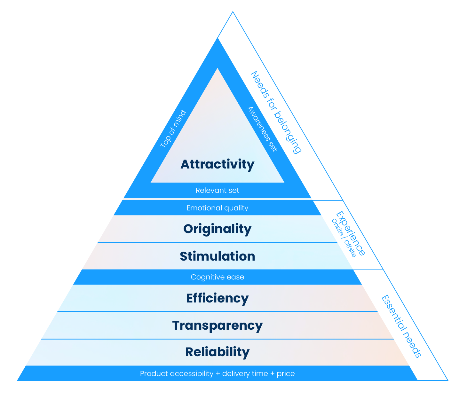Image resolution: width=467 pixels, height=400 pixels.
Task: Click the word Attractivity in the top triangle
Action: tap(218, 164)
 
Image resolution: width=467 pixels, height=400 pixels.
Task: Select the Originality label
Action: tap(218, 229)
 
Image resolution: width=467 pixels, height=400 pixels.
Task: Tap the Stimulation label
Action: tap(218, 256)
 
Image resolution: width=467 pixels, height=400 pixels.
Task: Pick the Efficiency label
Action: tap(218, 298)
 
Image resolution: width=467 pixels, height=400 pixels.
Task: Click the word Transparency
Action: tap(218, 325)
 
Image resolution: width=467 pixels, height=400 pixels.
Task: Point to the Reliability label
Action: tap(218, 352)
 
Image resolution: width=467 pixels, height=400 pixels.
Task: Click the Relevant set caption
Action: tap(218, 191)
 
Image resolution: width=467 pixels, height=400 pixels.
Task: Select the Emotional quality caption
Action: tap(218, 208)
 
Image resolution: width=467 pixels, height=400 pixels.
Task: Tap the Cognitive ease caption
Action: tap(218, 277)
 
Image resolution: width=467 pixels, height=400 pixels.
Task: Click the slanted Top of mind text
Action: tap(173, 129)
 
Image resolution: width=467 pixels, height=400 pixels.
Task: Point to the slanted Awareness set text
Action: tap(262, 129)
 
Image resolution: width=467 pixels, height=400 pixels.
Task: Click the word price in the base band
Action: tap(286, 374)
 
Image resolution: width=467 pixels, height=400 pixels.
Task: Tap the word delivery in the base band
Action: tap(233, 374)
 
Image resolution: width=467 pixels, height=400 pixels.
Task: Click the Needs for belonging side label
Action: tap(276, 113)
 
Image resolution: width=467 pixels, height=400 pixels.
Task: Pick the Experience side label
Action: tap(351, 233)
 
